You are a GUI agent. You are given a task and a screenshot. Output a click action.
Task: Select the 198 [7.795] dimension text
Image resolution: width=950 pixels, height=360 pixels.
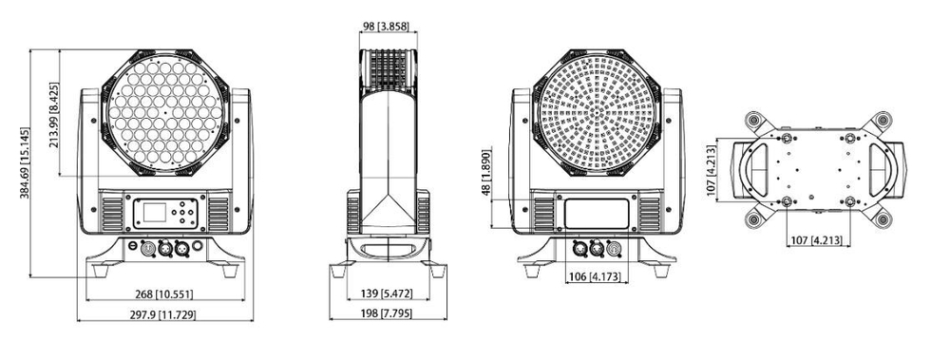(x=386, y=314)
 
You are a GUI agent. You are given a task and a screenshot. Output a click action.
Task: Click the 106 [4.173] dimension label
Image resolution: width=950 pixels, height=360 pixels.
(x=597, y=277)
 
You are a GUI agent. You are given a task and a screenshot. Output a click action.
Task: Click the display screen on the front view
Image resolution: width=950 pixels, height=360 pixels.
(x=152, y=213)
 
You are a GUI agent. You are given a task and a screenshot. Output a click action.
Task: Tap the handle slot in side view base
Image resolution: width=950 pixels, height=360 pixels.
(x=386, y=249)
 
